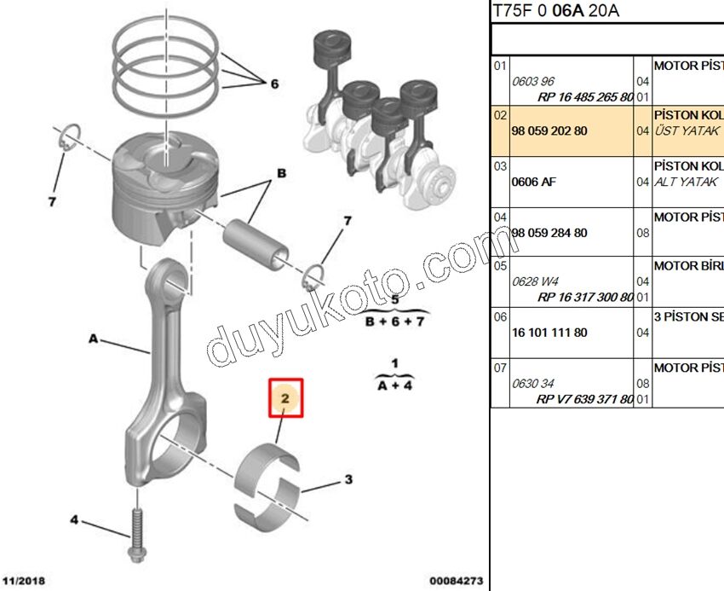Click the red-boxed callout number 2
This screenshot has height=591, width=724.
[x=286, y=398]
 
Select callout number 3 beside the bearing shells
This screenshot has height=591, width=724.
[x=348, y=480]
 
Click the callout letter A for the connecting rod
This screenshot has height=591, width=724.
[x=93, y=339]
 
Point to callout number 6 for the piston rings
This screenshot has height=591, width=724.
[x=274, y=84]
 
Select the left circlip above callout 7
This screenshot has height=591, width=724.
[x=69, y=137]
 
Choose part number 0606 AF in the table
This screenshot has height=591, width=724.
[x=533, y=182]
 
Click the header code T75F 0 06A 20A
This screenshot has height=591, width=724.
[x=556, y=11]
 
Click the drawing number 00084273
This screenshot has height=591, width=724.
[x=456, y=581]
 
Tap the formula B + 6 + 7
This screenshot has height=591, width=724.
[x=394, y=322]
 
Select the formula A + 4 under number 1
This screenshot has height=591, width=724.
[x=394, y=385]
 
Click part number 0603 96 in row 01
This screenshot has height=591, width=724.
[x=533, y=81]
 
